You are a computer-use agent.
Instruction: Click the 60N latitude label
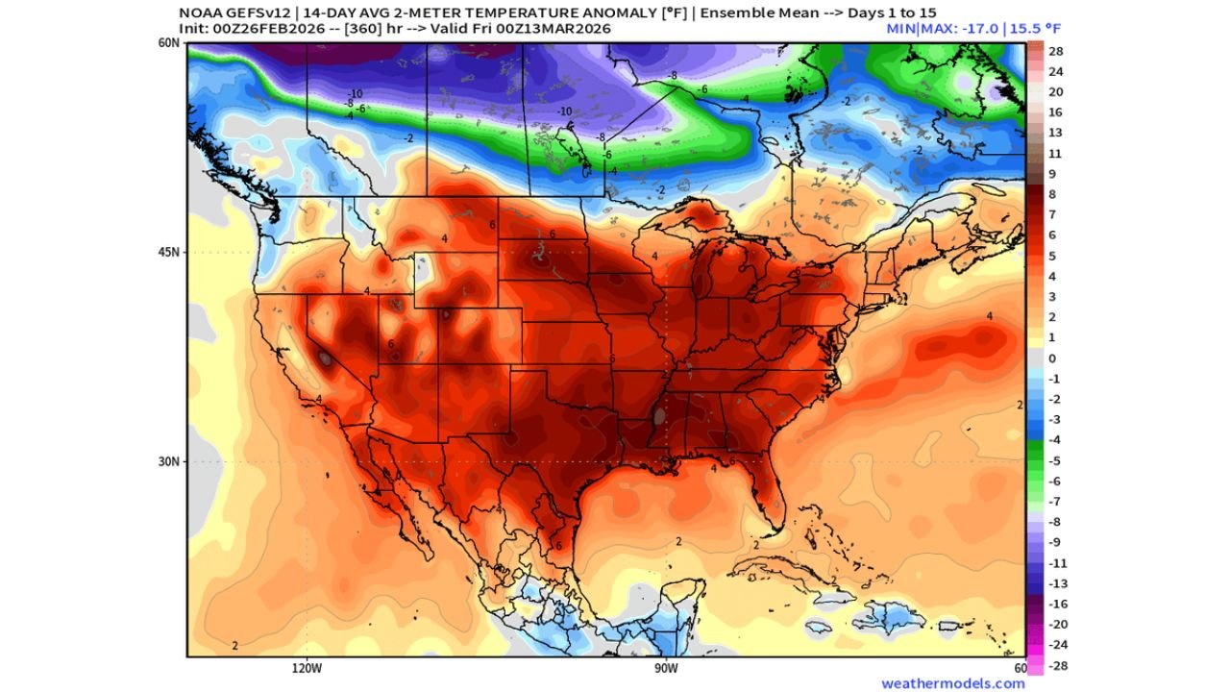tap(169, 43)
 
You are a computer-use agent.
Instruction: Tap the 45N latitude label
tap(169, 252)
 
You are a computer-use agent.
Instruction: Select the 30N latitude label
tap(169, 461)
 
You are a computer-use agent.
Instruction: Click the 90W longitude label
tap(666, 667)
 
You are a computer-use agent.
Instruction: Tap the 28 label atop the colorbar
tap(1055, 50)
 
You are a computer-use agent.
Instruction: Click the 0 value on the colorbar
tap(1051, 358)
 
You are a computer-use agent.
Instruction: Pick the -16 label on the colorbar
tap(1055, 605)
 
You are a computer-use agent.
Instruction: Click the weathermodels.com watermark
tap(952, 683)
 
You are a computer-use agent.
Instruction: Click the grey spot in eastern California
tap(326, 358)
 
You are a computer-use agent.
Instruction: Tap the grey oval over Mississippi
tap(658, 417)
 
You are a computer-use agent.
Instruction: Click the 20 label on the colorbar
tap(1055, 91)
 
